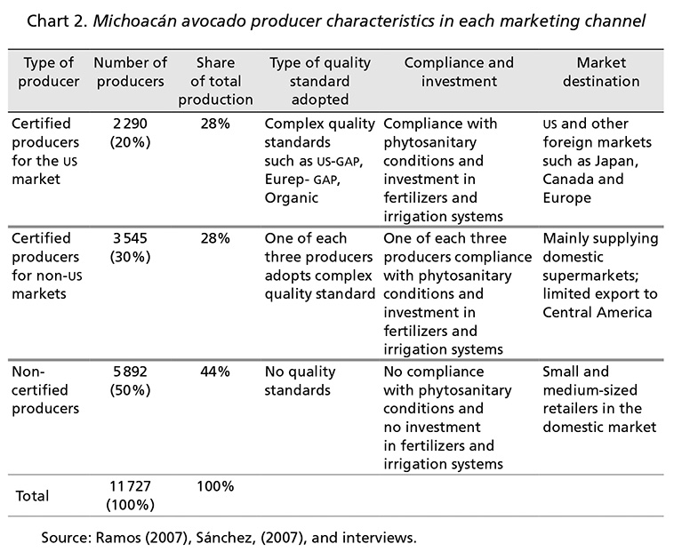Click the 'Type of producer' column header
[49, 72]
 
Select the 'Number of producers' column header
[130, 72]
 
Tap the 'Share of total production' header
[215, 81]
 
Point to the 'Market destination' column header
[601, 72]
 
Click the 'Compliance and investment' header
[459, 72]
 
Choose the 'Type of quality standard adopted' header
[320, 81]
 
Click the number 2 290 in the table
[130, 124]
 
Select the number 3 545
[130, 238]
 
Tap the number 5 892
[130, 372]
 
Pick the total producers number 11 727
[130, 486]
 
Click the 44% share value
[215, 372]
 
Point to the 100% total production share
[215, 486]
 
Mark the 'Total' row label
[32, 496]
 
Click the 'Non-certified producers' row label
[45, 390]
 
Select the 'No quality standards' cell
[300, 380]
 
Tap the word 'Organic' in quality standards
[292, 198]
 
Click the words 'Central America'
[597, 313]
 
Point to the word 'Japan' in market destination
[616, 161]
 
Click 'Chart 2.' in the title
[58, 21]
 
